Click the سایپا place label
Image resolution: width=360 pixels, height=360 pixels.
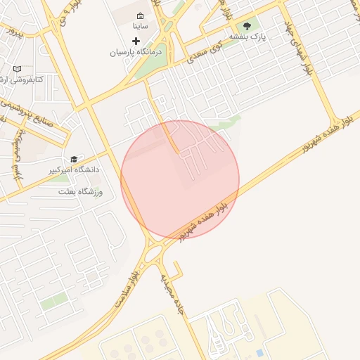coord(140,26)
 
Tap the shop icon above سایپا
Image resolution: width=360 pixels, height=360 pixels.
coord(140,15)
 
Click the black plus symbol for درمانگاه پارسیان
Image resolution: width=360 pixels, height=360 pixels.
coord(136,41)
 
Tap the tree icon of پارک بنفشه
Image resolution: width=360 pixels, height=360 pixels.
coord(247,25)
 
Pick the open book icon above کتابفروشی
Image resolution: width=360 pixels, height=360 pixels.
coord(17,69)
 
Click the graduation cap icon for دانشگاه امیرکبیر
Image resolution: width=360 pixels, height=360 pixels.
coord(74,159)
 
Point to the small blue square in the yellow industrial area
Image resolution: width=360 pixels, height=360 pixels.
coord(260,352)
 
